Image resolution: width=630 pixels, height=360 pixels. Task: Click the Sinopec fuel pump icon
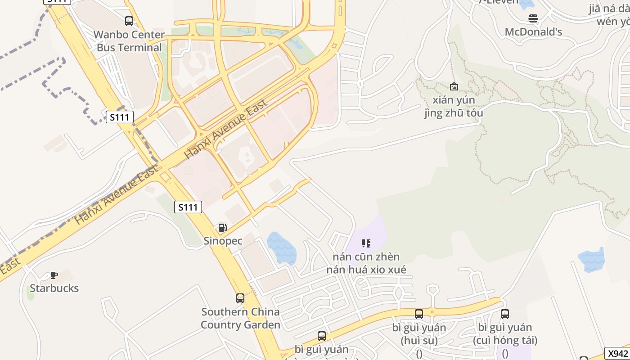(x=222, y=228)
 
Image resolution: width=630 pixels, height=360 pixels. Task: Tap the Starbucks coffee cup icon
(x=54, y=275)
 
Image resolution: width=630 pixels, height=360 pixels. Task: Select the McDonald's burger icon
(x=533, y=18)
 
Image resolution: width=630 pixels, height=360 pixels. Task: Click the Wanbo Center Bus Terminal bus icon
(x=129, y=21)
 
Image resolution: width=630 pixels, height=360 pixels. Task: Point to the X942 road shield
(x=618, y=353)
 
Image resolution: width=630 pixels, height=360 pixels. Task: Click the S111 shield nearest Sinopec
(x=188, y=207)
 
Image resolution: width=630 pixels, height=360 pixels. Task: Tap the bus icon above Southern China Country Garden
(x=240, y=298)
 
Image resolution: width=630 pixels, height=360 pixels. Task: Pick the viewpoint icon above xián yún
(x=454, y=86)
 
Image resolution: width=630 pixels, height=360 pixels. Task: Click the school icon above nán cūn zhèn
(x=366, y=243)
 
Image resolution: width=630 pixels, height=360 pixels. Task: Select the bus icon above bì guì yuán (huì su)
(x=419, y=314)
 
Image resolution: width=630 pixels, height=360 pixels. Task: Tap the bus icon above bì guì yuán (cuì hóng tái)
(x=505, y=314)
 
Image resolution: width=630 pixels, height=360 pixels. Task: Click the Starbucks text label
(x=54, y=288)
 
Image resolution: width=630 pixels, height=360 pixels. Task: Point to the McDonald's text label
(x=533, y=32)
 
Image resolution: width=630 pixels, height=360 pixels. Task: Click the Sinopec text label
(x=223, y=241)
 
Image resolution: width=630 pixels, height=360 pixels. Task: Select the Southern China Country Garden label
(x=240, y=318)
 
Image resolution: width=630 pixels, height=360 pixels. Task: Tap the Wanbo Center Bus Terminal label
(x=129, y=41)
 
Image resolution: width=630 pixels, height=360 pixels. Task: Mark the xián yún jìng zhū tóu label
(x=454, y=106)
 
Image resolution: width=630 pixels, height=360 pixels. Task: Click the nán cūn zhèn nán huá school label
(x=366, y=263)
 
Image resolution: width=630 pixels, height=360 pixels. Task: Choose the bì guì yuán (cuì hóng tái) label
(x=505, y=334)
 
